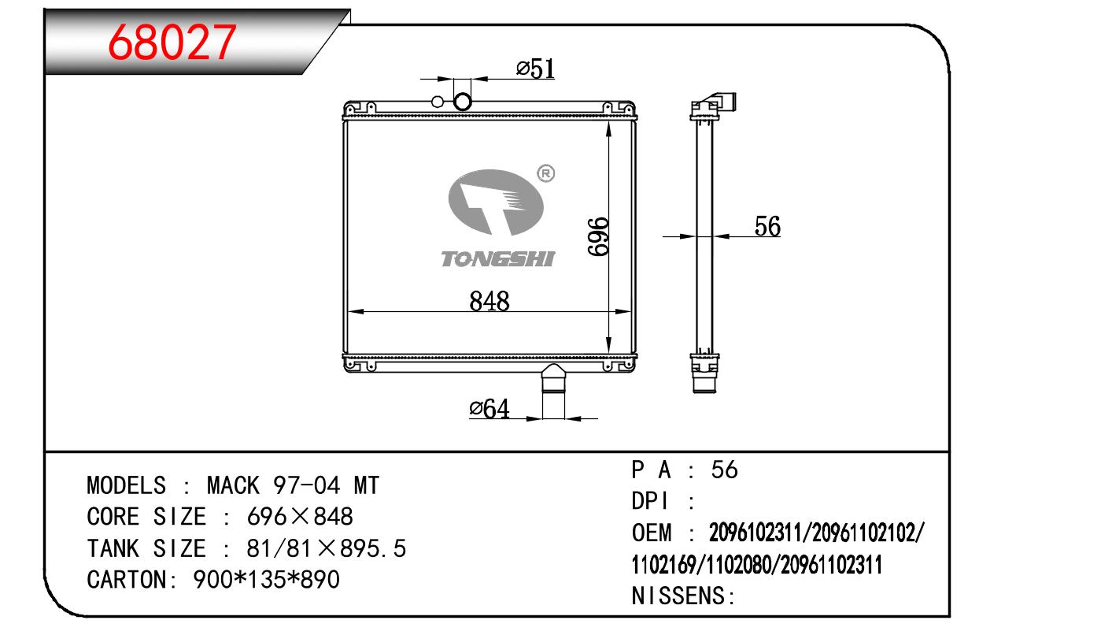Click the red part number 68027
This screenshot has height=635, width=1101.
[172, 43]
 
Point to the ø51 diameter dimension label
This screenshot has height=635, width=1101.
[535, 69]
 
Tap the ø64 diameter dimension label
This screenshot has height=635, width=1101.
[489, 409]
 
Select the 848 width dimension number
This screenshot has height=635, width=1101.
[489, 300]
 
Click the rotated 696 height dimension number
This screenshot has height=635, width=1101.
[598, 236]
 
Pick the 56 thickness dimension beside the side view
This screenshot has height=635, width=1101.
[767, 226]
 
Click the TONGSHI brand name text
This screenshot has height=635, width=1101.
[497, 259]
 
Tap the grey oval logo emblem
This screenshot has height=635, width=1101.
[496, 202]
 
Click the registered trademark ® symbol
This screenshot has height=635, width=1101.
[545, 173]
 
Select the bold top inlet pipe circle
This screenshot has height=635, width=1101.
[463, 102]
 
